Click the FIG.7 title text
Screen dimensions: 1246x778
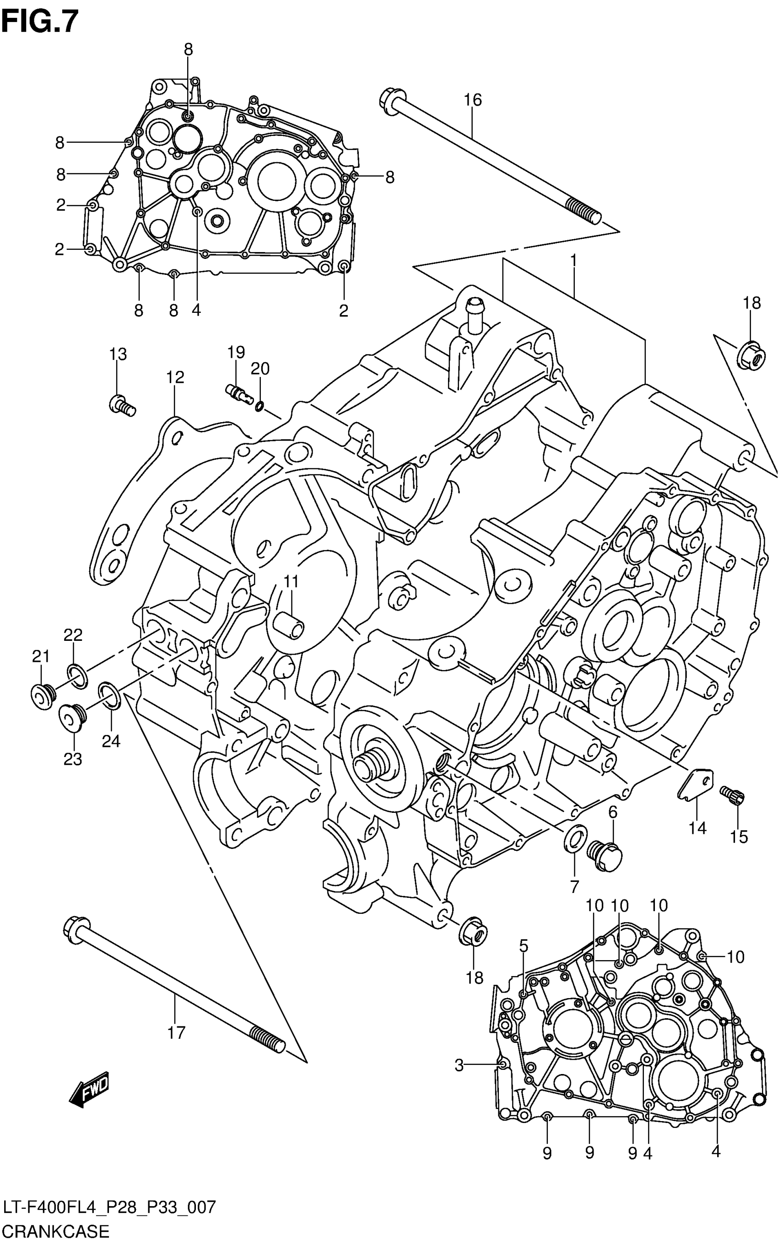[40, 21]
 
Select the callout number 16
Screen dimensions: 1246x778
[472, 100]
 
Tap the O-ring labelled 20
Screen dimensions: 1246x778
[260, 407]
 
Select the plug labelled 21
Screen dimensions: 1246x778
[42, 696]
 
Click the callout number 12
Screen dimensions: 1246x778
[175, 377]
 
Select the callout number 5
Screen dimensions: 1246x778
[523, 945]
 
